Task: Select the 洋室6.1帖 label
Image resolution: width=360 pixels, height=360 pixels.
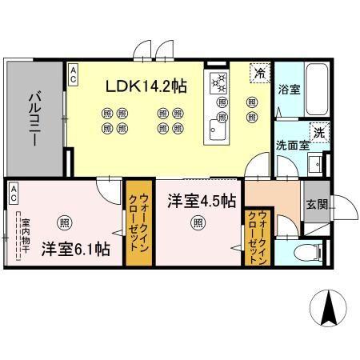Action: tap(75, 249)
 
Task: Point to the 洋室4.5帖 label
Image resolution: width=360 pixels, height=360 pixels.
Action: tap(201, 200)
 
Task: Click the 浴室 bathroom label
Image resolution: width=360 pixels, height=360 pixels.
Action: tap(289, 90)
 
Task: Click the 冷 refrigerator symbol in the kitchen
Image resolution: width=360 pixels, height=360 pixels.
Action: tap(259, 72)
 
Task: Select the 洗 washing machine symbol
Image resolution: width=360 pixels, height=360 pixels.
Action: tap(318, 132)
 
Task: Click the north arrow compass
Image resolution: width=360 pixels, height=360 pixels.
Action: tap(327, 307)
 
